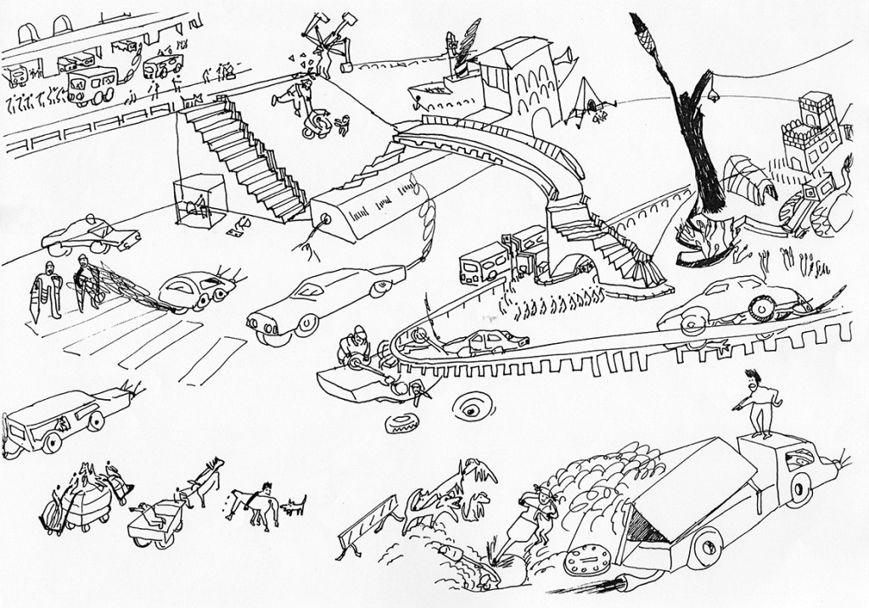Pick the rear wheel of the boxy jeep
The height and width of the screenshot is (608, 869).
tap(51, 442)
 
